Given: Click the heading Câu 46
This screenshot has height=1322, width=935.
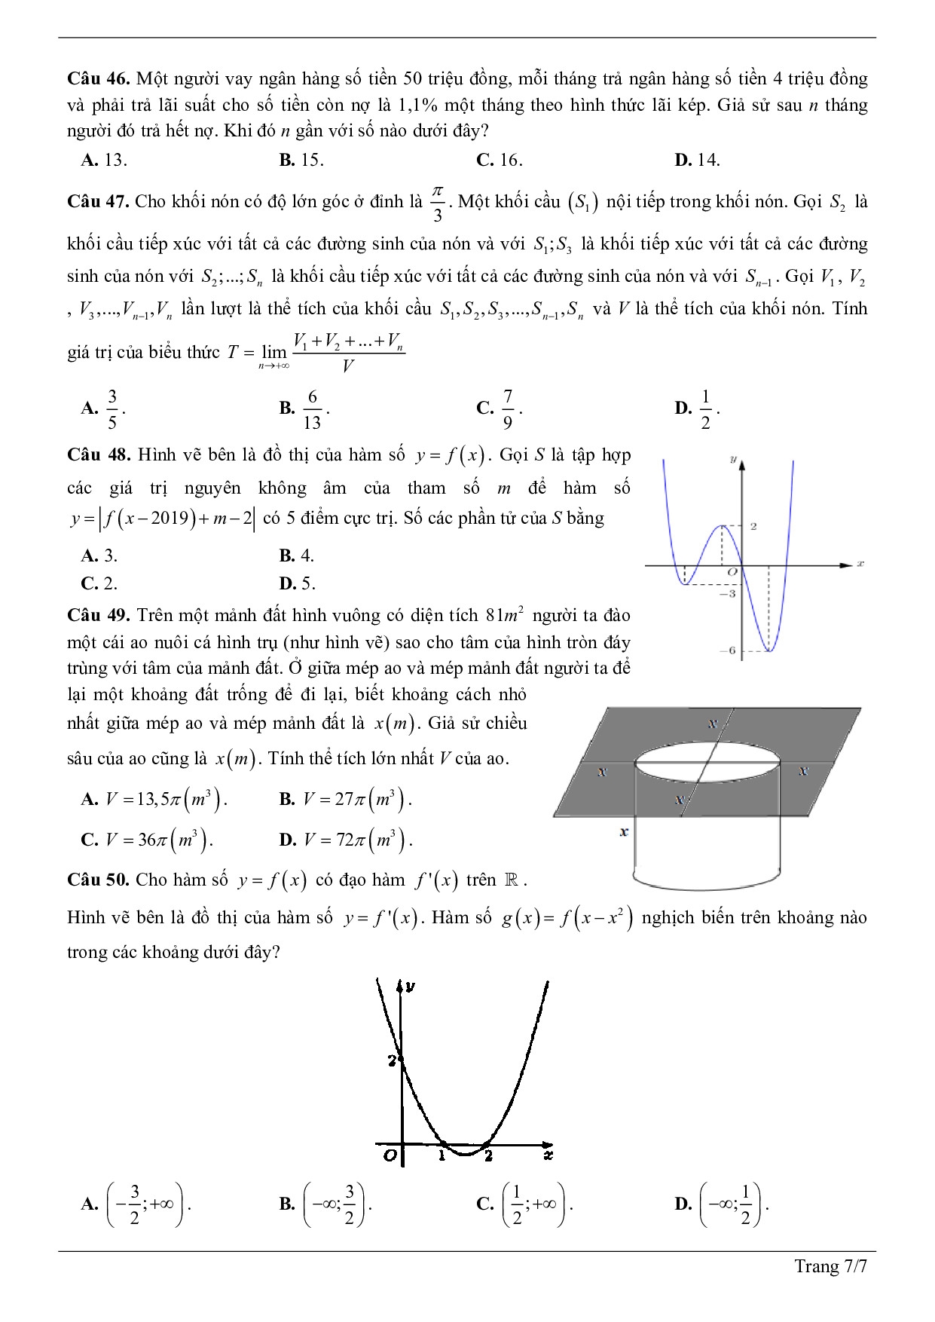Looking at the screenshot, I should tap(99, 78).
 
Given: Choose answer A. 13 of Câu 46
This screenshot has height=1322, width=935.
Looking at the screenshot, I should tap(104, 160).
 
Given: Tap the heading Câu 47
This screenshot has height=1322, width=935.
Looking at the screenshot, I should tap(99, 201).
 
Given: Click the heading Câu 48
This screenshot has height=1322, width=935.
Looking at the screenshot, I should tap(99, 454).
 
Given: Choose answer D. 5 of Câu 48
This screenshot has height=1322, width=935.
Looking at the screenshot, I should tap(297, 583).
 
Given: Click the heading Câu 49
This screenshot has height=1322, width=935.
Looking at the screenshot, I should tap(99, 615).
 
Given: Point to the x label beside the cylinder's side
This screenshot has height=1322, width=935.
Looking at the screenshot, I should tap(623, 832).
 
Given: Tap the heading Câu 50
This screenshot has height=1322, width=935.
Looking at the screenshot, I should tap(99, 880).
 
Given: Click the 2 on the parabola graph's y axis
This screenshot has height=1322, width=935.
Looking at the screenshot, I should tap(392, 1060).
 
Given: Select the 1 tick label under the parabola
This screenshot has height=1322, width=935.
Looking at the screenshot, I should tap(443, 1155).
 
